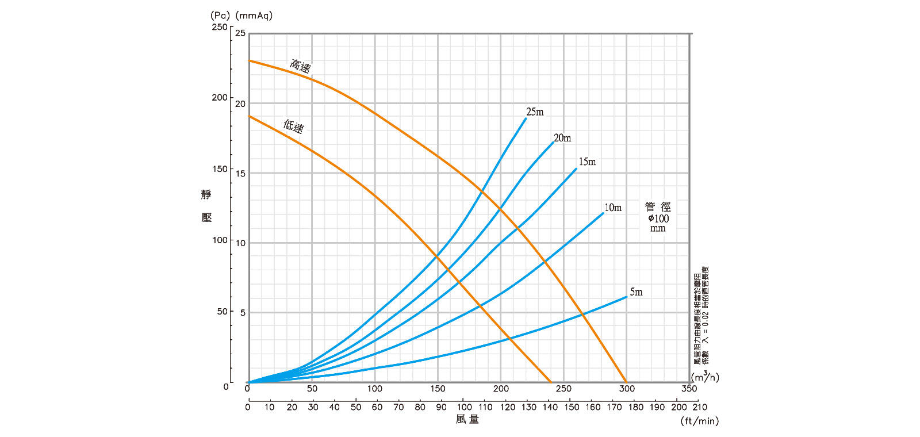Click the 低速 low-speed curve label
point(293,126)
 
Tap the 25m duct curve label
point(535,112)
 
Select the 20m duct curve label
point(562,138)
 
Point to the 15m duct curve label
point(587,162)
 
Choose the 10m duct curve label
point(613,208)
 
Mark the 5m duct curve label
point(636,292)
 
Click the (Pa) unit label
point(220,16)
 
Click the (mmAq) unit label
point(254,16)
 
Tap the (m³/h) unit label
point(705,377)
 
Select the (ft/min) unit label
point(700,421)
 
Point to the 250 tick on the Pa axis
point(220,27)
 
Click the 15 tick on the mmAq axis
point(240,173)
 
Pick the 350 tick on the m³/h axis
point(689,389)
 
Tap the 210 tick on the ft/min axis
point(700,407)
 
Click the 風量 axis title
point(467,419)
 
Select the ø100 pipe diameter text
point(658,218)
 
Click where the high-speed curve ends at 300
point(626,382)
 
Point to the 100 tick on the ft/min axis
point(464,407)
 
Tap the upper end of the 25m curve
point(526,118)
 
